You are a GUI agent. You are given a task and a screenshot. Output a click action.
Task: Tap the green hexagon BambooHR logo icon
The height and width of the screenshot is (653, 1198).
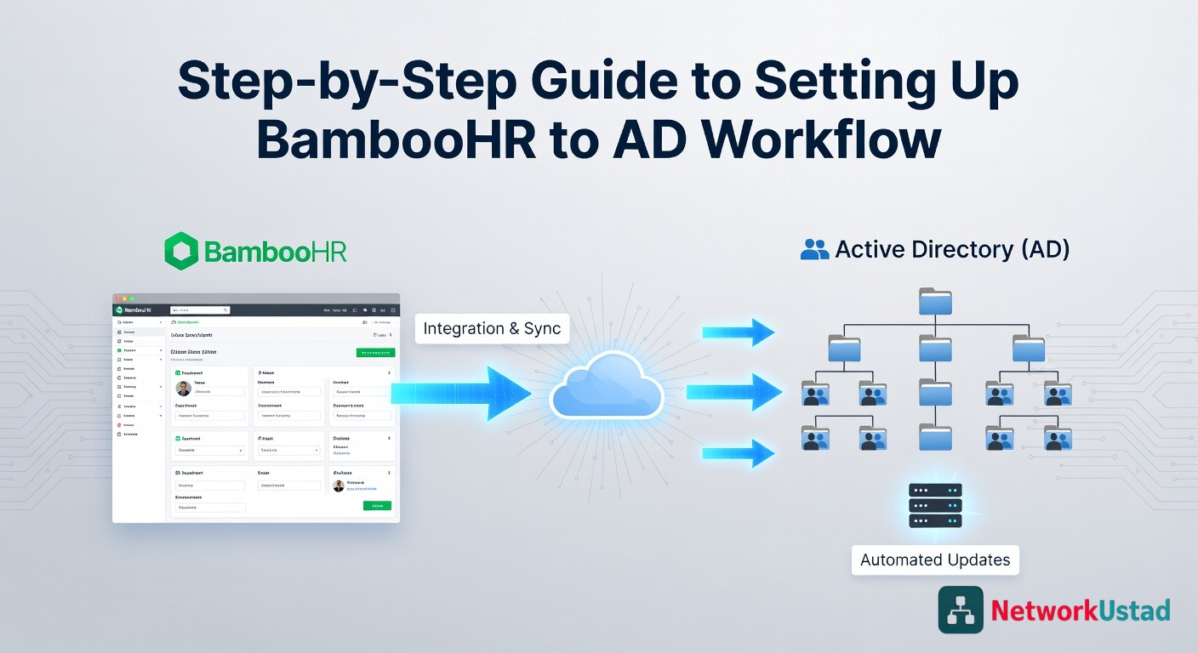click(x=181, y=252)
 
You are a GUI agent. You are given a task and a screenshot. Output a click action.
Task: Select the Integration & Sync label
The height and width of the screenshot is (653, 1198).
click(x=492, y=328)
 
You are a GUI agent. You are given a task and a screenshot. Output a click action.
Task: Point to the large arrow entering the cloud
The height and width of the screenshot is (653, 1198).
click(x=459, y=393)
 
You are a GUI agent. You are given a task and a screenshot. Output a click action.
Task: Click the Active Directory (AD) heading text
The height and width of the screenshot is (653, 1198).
click(x=952, y=249)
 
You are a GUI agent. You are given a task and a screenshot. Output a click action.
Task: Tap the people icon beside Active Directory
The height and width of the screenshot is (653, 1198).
click(x=814, y=249)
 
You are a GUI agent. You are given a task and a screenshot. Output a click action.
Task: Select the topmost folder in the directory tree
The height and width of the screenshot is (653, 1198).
click(x=935, y=302)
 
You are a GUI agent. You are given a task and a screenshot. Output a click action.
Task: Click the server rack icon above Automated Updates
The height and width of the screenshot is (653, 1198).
click(x=935, y=505)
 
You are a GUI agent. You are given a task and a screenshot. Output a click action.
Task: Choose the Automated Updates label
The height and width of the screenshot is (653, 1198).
click(x=935, y=559)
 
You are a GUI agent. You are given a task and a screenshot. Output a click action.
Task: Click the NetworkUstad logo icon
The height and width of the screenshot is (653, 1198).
click(x=961, y=609)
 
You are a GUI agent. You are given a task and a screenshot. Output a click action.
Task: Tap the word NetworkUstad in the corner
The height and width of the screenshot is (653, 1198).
click(x=1081, y=610)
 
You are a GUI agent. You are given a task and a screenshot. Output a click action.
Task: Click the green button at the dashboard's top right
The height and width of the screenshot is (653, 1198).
click(x=375, y=352)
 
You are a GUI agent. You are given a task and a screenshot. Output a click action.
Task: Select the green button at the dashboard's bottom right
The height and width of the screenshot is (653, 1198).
click(x=377, y=505)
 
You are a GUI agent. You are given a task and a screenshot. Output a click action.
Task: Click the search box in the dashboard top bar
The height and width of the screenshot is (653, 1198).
click(x=200, y=310)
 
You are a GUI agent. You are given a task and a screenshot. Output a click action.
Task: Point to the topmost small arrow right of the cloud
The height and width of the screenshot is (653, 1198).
click(x=738, y=332)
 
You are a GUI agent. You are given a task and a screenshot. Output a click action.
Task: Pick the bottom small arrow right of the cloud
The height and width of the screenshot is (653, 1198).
click(x=738, y=453)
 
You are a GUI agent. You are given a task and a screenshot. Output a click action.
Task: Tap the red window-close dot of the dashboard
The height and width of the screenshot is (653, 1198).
click(x=117, y=298)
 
